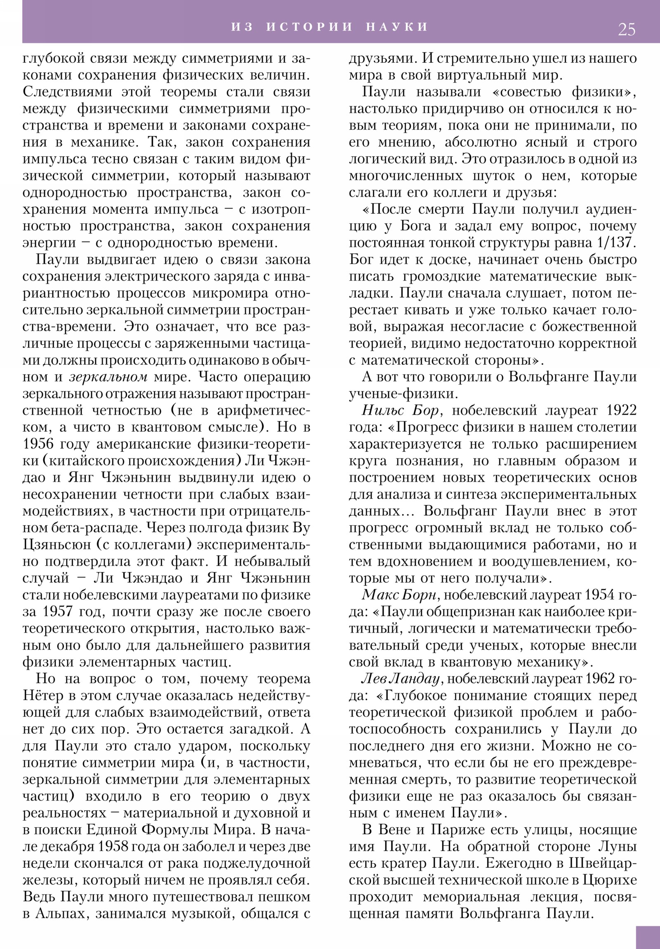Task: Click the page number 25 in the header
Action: [627, 30]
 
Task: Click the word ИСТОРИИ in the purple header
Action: [310, 27]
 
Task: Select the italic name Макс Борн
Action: [400, 595]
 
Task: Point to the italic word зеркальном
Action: [108, 377]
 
